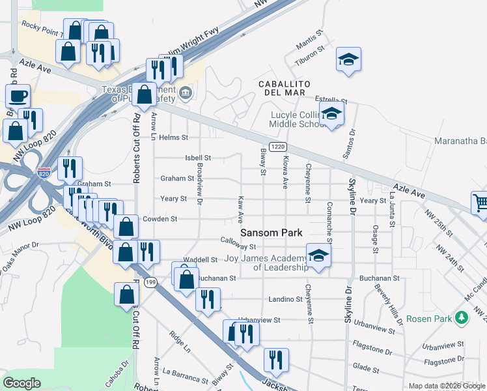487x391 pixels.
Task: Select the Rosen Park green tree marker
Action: (x=462, y=318)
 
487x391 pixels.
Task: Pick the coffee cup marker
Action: (x=18, y=96)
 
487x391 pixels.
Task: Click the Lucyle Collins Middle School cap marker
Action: (x=332, y=115)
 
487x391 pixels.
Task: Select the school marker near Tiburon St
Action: (x=348, y=60)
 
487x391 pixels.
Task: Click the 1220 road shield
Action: (x=277, y=147)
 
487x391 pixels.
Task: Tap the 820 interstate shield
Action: (x=44, y=173)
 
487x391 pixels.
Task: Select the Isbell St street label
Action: (x=198, y=158)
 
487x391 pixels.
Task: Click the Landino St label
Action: (x=286, y=300)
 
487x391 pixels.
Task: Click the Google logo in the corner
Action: (x=22, y=383)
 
